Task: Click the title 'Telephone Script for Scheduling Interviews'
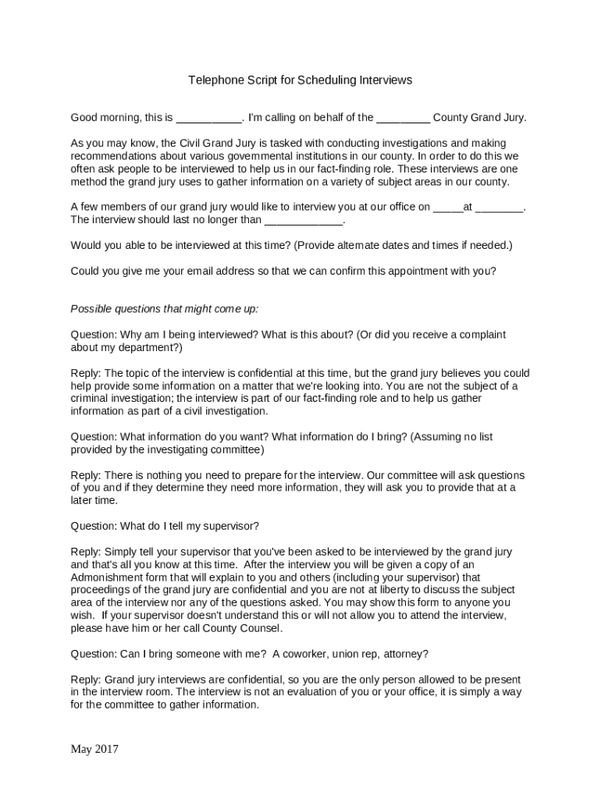(300, 80)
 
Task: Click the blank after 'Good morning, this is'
(208, 118)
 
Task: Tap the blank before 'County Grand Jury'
(403, 118)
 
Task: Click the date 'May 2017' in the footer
(94, 749)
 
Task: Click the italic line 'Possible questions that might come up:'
(164, 308)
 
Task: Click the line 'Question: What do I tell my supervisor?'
(165, 525)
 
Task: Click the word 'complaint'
(478, 334)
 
